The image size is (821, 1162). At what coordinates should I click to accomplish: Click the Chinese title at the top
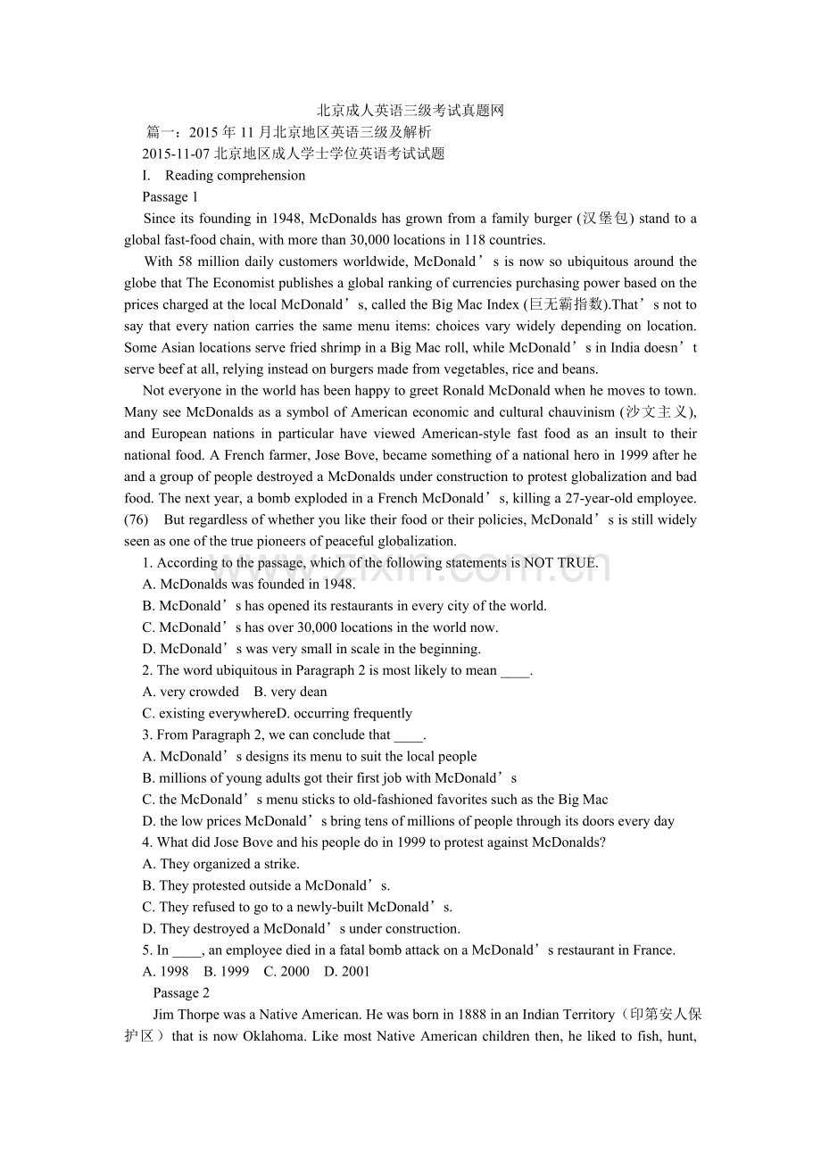click(410, 111)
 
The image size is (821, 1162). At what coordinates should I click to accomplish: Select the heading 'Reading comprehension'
click(235, 175)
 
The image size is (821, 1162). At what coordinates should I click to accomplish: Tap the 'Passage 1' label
click(170, 196)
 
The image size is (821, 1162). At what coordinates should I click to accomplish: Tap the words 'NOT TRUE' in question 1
click(560, 562)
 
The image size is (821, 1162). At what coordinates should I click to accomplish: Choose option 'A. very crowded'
click(191, 692)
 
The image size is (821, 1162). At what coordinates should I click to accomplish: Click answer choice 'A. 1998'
click(166, 971)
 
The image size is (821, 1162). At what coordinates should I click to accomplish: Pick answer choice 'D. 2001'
click(347, 971)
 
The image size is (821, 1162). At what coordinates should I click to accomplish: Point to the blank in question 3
click(408, 735)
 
